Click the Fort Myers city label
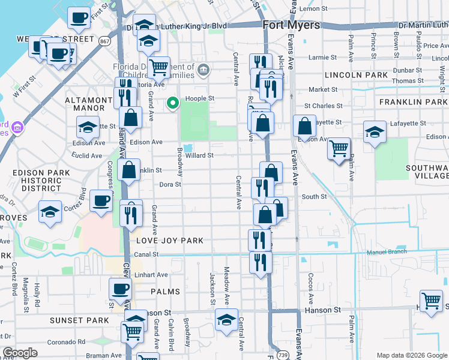(291, 25)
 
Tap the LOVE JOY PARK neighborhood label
(170, 241)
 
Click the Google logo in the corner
(20, 353)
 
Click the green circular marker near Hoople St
(173, 104)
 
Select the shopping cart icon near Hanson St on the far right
(432, 301)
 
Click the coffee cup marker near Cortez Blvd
(101, 200)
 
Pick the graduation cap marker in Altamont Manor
(88, 127)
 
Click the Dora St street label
(170, 185)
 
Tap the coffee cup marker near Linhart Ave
(120, 289)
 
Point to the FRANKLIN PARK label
(413, 102)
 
